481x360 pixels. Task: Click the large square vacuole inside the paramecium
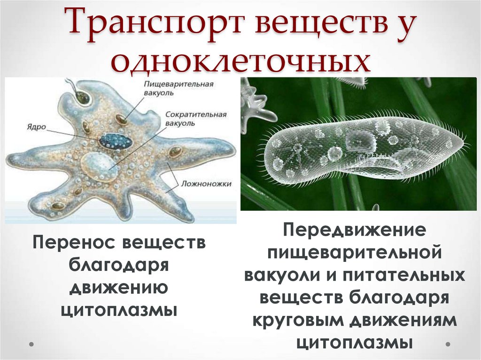360,141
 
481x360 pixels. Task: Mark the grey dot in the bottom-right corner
449,344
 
